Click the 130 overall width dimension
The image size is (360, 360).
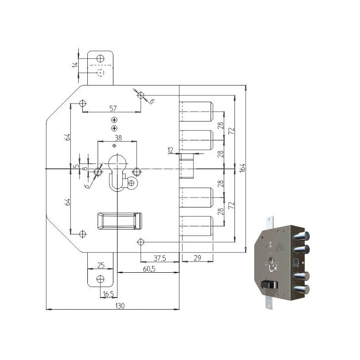(x=120, y=306)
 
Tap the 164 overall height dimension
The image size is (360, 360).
(x=243, y=168)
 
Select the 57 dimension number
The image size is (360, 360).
(x=113, y=108)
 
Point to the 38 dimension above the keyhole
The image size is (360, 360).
(x=118, y=138)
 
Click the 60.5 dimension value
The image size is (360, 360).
(x=149, y=269)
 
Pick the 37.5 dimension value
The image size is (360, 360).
(x=160, y=258)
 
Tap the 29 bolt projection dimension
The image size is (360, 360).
(x=197, y=258)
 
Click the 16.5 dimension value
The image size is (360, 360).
(x=108, y=294)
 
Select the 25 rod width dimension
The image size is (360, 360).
(x=101, y=265)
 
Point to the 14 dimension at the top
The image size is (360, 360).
(x=75, y=65)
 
